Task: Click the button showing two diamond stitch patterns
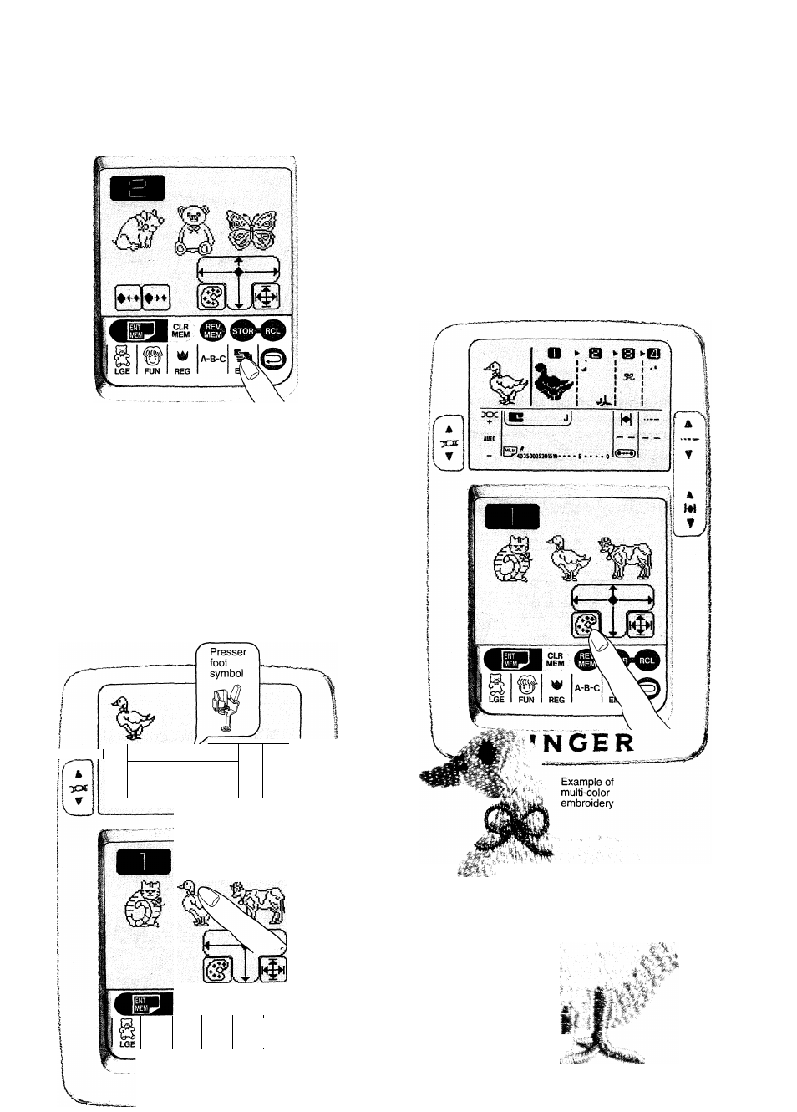click(143, 297)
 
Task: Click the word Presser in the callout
click(227, 652)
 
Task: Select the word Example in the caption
click(580, 783)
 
